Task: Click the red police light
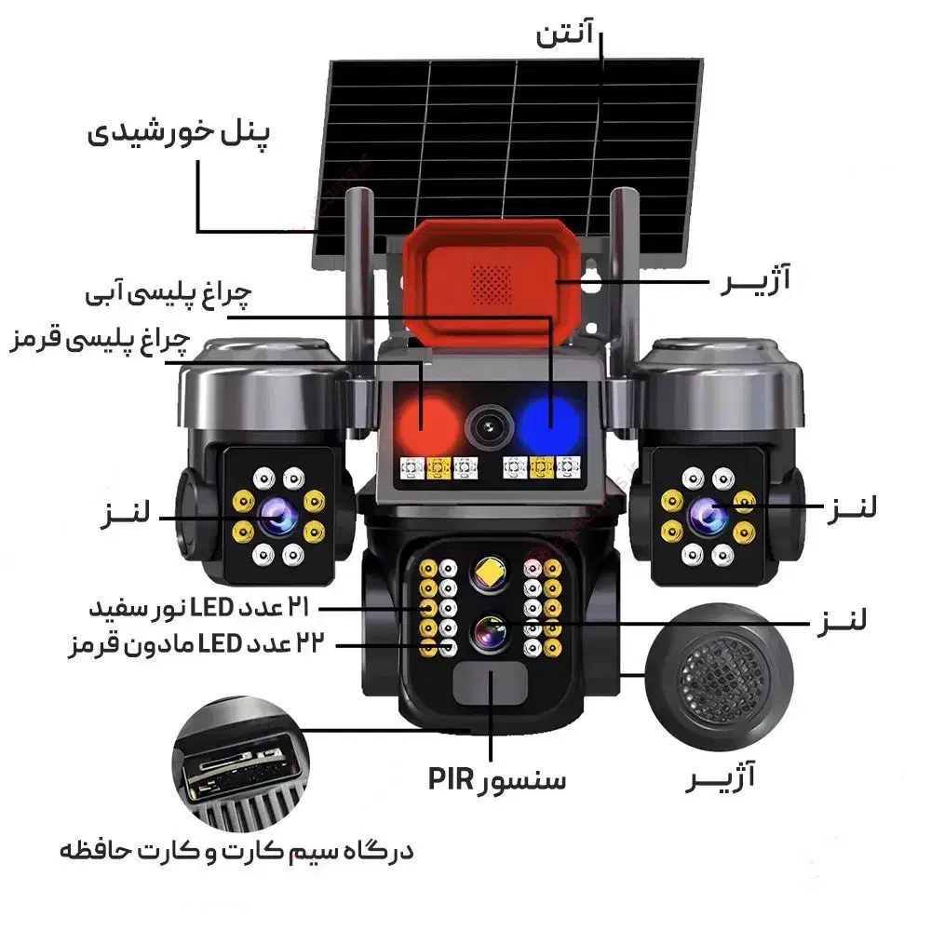click(x=427, y=424)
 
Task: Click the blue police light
click(x=549, y=424)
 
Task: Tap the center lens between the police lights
click(x=488, y=427)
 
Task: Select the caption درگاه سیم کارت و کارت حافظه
click(x=236, y=851)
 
